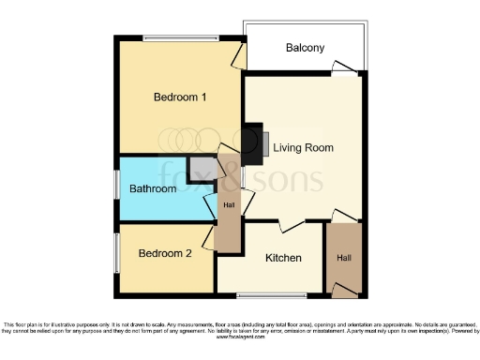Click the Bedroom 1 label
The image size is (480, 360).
pos(179,97)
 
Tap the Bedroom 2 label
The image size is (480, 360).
pos(165,253)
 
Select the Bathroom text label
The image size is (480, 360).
pos(153,188)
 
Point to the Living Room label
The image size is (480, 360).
pos(303,147)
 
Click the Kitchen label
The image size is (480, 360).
pos(282,258)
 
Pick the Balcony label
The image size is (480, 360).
pos(305,48)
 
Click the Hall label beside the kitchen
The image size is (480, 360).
pos(344,257)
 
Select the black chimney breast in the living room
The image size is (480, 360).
pos(251,142)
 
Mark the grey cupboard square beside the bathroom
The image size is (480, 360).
pos(200,170)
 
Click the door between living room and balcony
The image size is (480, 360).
pos(347,68)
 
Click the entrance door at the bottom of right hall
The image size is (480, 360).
pos(344,292)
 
